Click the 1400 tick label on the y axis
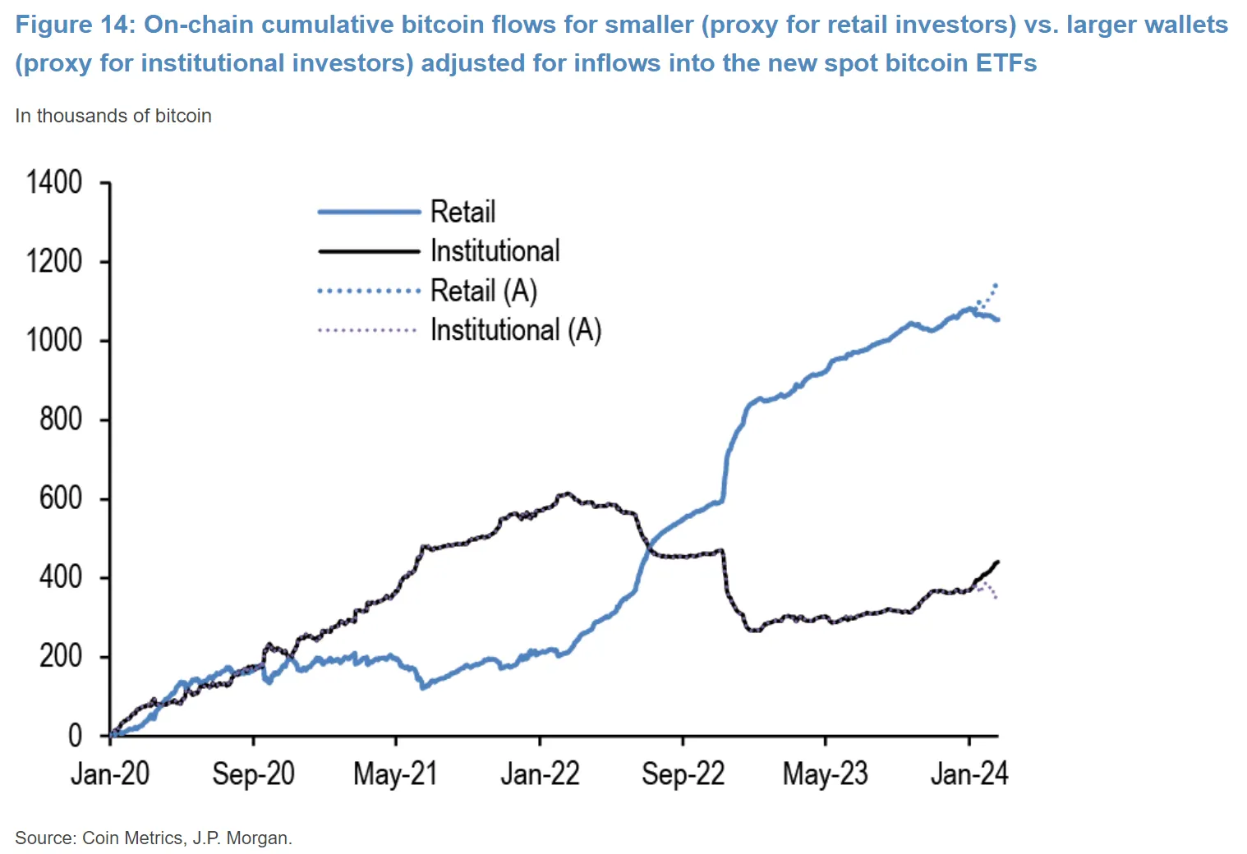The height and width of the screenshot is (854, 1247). coord(54,182)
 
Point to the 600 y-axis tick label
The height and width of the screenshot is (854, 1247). coord(61,498)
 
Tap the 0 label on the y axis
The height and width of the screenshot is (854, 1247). coord(75,736)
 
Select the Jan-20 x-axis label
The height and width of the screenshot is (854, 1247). coord(110,774)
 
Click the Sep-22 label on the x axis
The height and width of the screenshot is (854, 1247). coord(683,774)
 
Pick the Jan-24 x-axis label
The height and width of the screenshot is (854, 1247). coord(969,774)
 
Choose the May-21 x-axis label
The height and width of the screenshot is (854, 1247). coord(395,774)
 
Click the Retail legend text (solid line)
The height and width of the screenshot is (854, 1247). coord(462,212)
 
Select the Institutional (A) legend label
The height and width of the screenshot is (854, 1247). coord(516,330)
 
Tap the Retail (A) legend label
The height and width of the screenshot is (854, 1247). coord(484,291)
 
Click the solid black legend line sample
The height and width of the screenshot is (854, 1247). coord(369,251)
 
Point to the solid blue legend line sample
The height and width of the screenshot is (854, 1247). coord(369,212)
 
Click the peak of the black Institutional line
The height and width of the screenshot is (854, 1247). coord(565,494)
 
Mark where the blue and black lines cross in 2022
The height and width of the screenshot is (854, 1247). coord(649,544)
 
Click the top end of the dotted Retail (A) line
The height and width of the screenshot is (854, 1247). coord(996,285)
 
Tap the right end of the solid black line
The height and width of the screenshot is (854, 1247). coord(997,562)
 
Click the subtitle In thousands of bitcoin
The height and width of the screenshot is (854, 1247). coord(113,116)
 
